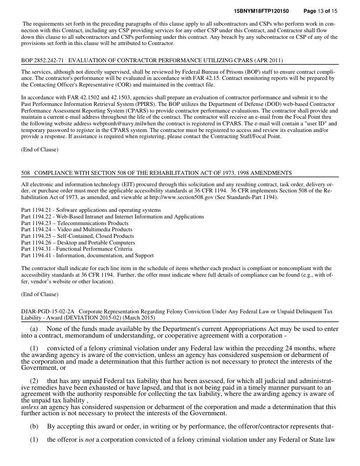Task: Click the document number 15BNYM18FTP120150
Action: pyautogui.click(x=261, y=10)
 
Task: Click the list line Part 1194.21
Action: pyautogui.click(x=91, y=210)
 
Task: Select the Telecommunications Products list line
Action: pyautogui.click(x=75, y=223)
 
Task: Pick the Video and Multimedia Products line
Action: pyautogui.click(x=76, y=229)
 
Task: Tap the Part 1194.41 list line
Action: pyautogui.click(x=87, y=256)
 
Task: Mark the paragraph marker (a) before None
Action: pyautogui.click(x=34, y=329)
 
